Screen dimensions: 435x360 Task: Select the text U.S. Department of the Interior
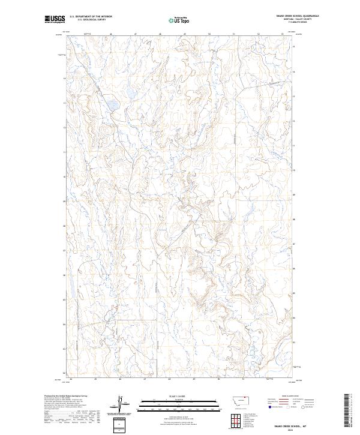point(91,17)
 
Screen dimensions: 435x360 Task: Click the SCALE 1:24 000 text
point(180,396)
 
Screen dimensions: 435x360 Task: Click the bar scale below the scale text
point(180,403)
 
